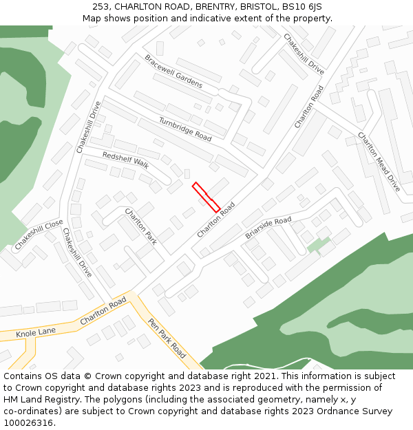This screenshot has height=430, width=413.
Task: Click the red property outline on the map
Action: [206, 197]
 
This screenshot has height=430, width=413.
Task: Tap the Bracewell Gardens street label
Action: [173, 72]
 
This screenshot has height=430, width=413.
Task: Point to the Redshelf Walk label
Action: [126, 160]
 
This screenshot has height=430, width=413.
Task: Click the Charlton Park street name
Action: [140, 227]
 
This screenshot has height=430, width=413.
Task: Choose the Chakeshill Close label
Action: [39, 235]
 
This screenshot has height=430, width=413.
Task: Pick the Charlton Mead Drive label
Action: [378, 162]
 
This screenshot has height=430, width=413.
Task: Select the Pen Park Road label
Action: [167, 338]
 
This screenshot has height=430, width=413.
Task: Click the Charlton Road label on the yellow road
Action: [103, 311]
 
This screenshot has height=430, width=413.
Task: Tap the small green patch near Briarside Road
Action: [318, 244]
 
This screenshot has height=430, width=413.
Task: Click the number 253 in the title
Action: [100, 7]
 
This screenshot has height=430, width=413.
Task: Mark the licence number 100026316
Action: [28, 423]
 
